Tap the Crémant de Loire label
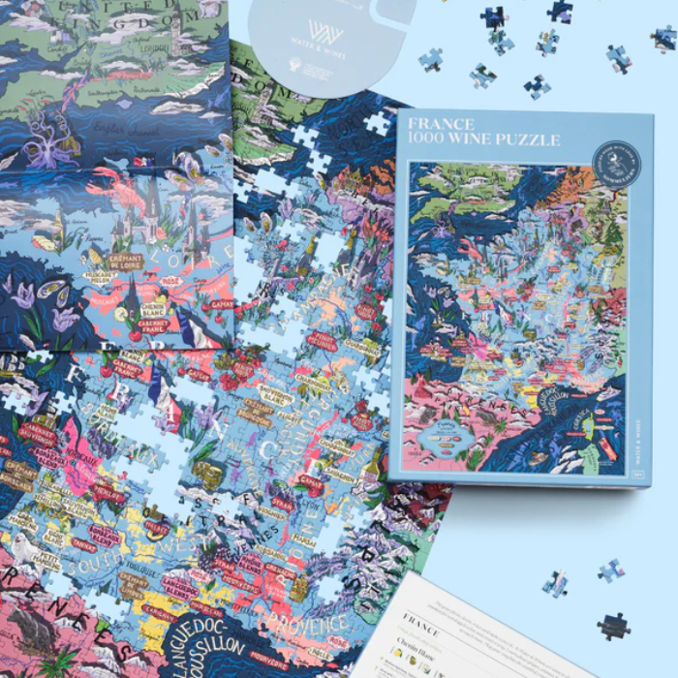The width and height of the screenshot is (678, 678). coord(126,260)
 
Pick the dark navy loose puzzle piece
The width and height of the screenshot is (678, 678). coord(612,626)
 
